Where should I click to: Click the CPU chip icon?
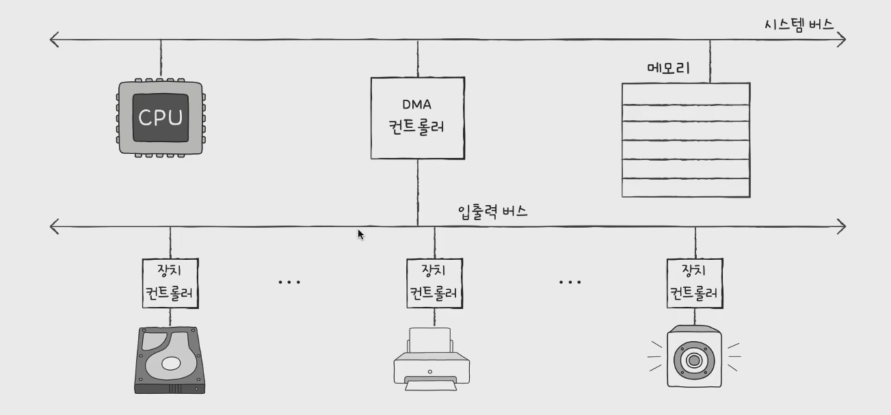[x=161, y=118]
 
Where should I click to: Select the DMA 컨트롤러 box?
[x=417, y=118]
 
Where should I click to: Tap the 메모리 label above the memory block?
[x=668, y=68]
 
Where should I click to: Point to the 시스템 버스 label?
[x=799, y=25]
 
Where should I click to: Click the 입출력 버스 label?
[x=492, y=211]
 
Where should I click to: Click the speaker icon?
[x=694, y=358]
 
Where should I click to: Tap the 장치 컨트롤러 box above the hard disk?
[x=170, y=283]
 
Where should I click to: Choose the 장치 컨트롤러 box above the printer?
[x=434, y=283]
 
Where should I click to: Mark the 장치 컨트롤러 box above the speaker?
[x=695, y=283]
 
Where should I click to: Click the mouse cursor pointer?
[x=360, y=234]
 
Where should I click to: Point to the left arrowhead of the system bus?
[x=55, y=40]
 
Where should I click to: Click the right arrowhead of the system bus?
[x=842, y=40]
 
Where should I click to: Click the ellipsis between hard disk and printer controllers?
[x=289, y=282]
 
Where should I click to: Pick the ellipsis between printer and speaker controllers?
[x=570, y=282]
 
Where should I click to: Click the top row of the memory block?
[x=685, y=93]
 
